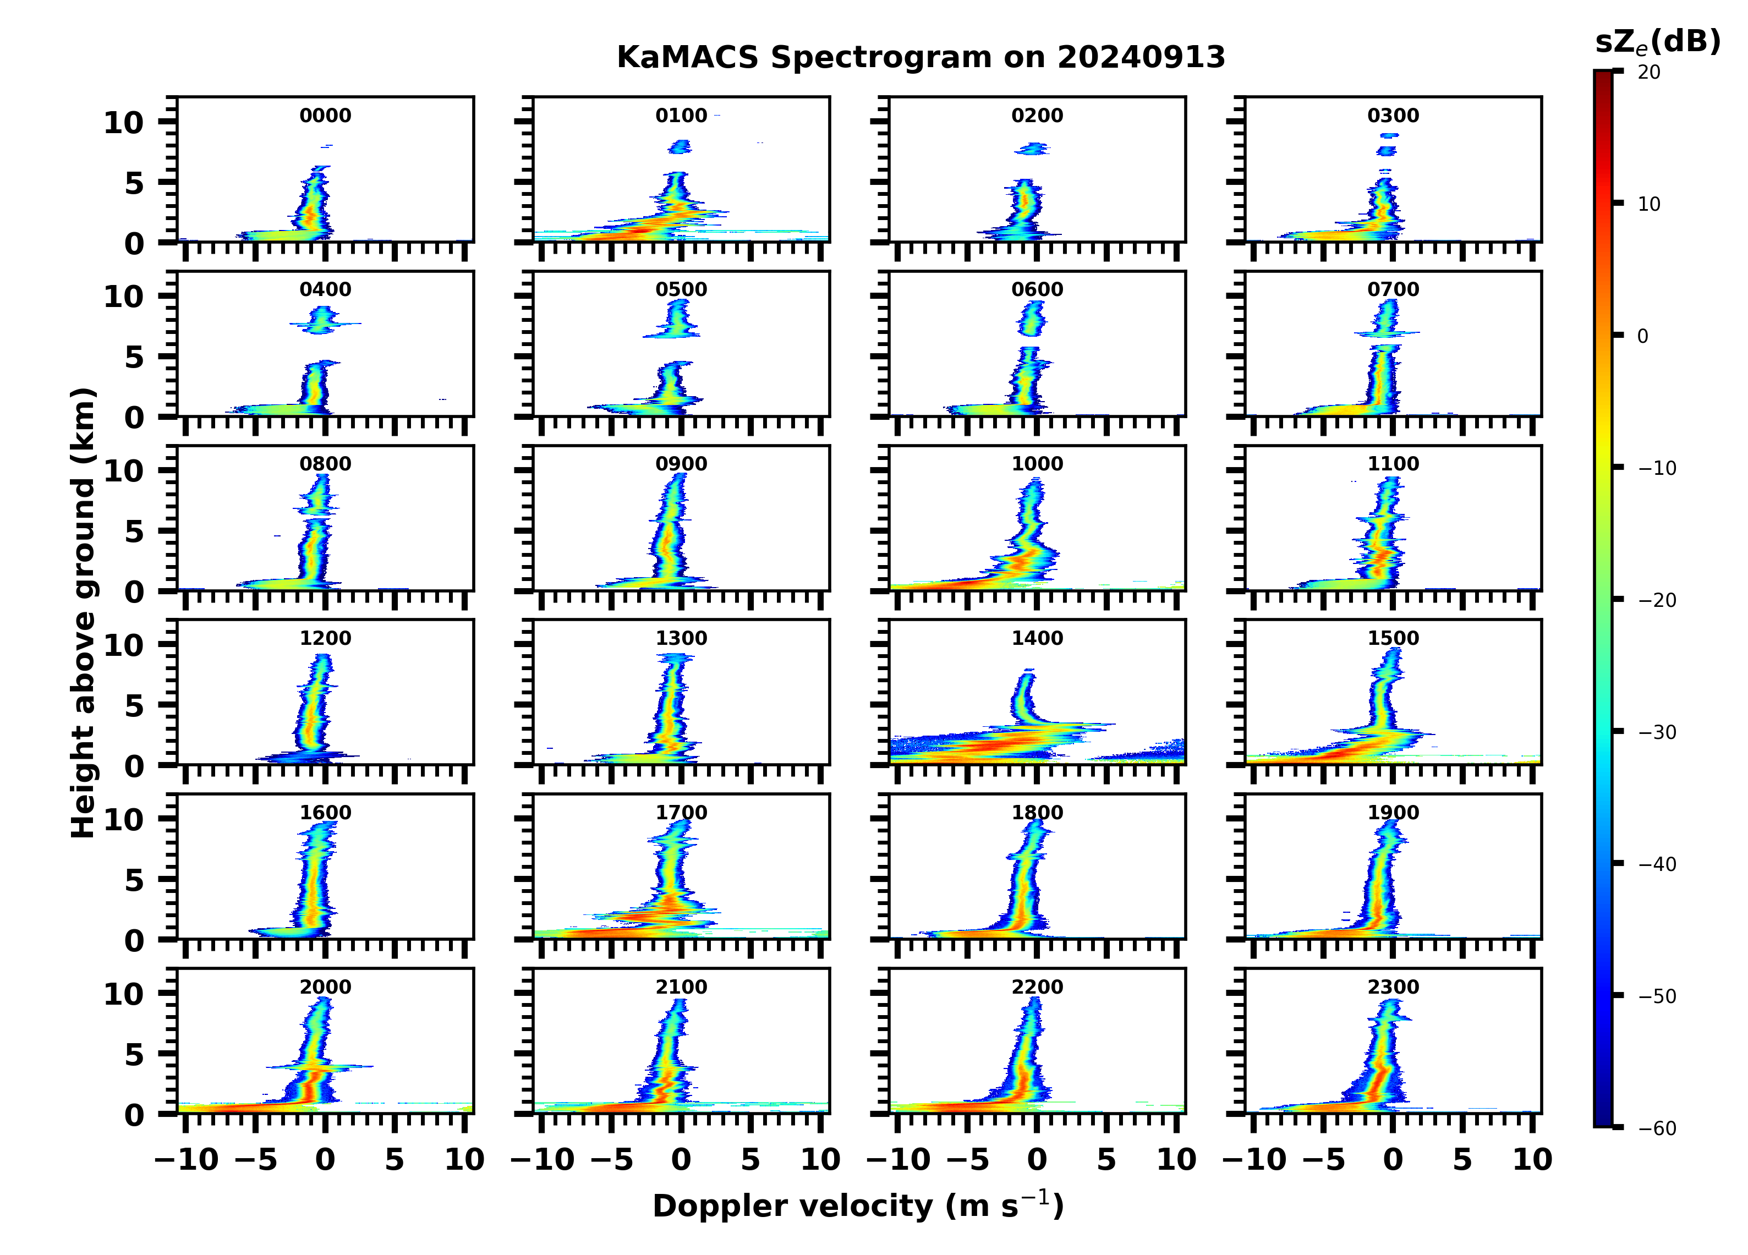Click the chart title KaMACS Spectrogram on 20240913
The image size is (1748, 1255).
pyautogui.click(x=920, y=58)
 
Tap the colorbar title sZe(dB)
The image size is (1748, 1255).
pyautogui.click(x=1657, y=42)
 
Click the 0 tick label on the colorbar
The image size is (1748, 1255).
pyautogui.click(x=1642, y=336)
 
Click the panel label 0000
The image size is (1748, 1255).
pyautogui.click(x=325, y=116)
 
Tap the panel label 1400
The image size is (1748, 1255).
pyautogui.click(x=1037, y=638)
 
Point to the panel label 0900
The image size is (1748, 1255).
pyautogui.click(x=681, y=464)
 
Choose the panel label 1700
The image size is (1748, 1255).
pyautogui.click(x=681, y=813)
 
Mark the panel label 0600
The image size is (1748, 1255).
pyautogui.click(x=1037, y=290)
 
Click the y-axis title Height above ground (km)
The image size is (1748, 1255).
pyautogui.click(x=83, y=613)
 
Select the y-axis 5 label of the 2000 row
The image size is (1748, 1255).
pyautogui.click(x=134, y=1054)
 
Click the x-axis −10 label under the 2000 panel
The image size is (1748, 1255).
pyautogui.click(x=187, y=1159)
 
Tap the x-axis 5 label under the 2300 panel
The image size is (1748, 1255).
pyautogui.click(x=1462, y=1159)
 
